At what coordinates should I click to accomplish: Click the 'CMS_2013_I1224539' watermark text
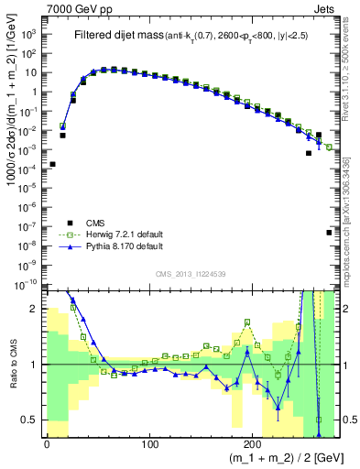pyautogui.click(x=189, y=272)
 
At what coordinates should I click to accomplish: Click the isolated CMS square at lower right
pyautogui.click(x=329, y=233)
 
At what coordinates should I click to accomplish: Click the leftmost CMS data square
pyautogui.click(x=52, y=164)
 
